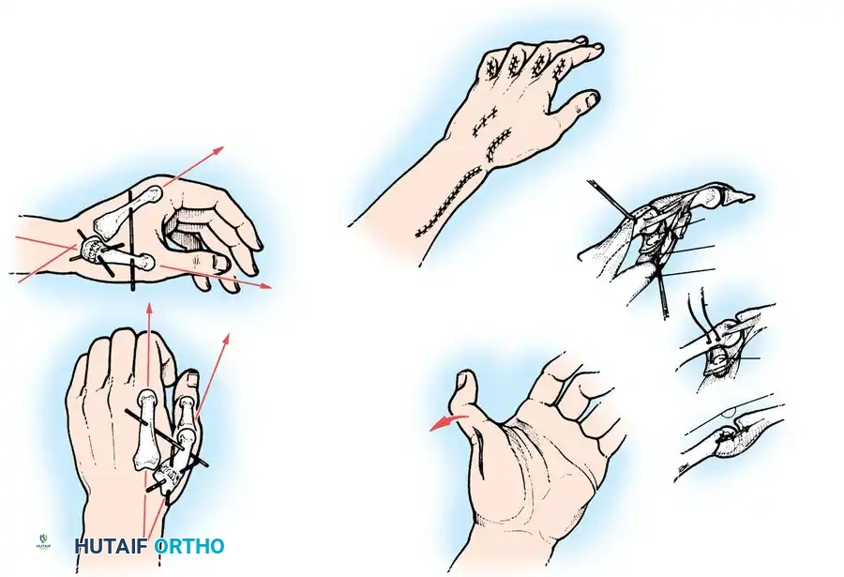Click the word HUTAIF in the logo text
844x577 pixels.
112,546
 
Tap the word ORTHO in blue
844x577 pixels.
188,546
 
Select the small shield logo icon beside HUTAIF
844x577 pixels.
43,541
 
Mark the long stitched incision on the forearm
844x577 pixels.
449,203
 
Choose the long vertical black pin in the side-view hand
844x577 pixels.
131,240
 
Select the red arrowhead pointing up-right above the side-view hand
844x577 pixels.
218,150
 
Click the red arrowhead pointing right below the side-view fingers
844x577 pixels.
266,285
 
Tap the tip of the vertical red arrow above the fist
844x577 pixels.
149,304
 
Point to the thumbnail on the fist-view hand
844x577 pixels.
191,380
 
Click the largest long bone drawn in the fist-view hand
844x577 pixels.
147,429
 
